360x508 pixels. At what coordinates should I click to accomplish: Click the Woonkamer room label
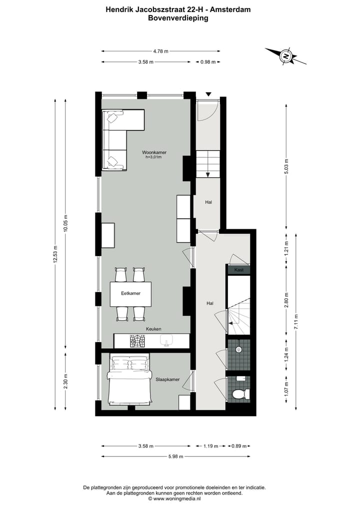pos(154,152)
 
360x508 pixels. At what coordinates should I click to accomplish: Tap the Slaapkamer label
pos(167,379)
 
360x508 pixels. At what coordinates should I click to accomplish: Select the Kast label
pos(238,270)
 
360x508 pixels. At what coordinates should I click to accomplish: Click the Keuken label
pos(153,329)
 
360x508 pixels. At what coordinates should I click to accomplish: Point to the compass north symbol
pos(286,56)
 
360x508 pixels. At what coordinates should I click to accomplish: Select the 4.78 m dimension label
pos(160,51)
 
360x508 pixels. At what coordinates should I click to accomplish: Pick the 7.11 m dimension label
pos(296,322)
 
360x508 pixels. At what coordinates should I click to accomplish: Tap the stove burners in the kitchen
pos(136,341)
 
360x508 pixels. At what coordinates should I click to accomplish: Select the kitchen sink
pos(166,341)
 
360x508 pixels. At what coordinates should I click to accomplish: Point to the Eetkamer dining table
pos(130,294)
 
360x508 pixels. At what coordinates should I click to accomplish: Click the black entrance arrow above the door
pos(208,94)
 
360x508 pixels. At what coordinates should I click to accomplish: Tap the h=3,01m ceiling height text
pos(153,157)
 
